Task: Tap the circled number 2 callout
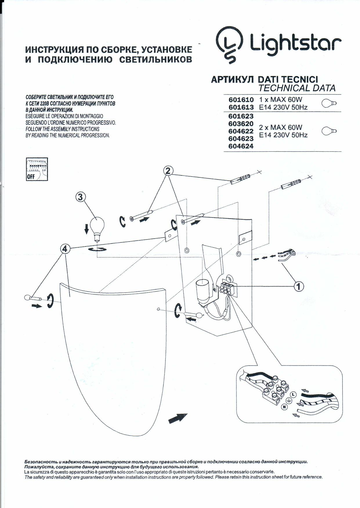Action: tap(169, 171)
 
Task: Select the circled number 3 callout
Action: tap(80, 197)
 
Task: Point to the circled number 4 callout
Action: tap(65, 249)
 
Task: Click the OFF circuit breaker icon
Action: tap(37, 169)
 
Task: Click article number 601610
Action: tap(241, 100)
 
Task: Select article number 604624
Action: tap(241, 146)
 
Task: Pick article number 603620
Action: tap(241, 124)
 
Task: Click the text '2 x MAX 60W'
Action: tap(280, 127)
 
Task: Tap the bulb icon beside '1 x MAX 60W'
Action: tap(330, 103)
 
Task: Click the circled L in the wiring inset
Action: tap(293, 395)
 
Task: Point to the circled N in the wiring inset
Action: tap(284, 407)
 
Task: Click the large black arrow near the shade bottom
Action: tap(178, 418)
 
